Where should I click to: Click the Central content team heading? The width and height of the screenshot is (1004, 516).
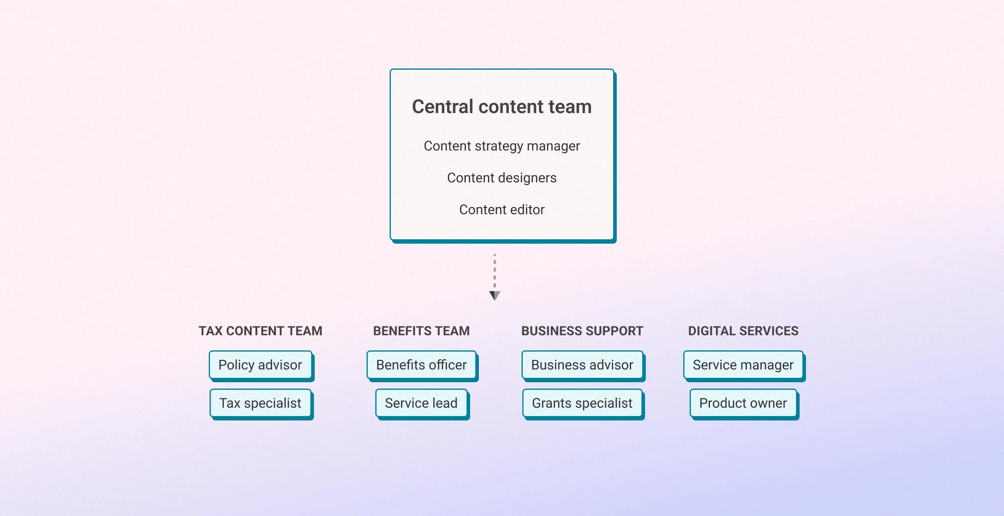(502, 107)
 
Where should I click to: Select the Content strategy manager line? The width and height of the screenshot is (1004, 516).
(502, 146)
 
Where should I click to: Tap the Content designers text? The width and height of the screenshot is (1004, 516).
(502, 178)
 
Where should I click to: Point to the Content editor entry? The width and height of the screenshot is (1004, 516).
(502, 210)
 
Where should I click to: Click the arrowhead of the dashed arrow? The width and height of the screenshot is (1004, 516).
(494, 295)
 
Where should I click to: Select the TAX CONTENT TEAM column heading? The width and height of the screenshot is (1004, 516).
(260, 331)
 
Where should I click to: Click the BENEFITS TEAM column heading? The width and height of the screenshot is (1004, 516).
(421, 331)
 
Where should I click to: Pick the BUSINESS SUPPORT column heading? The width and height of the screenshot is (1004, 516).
(582, 331)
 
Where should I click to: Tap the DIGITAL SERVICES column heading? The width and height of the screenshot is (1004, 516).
(743, 331)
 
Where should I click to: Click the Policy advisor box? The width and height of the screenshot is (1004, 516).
(260, 365)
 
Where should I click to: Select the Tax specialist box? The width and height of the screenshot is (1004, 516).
(260, 403)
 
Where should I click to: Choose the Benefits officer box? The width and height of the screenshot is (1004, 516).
(421, 365)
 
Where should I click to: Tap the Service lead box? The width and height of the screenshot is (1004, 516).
(421, 403)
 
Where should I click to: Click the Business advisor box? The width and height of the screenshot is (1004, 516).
(582, 365)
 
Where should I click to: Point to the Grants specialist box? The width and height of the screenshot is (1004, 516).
(582, 403)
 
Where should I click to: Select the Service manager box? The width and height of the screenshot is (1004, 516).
(743, 365)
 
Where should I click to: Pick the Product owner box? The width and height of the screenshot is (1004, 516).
(743, 403)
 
